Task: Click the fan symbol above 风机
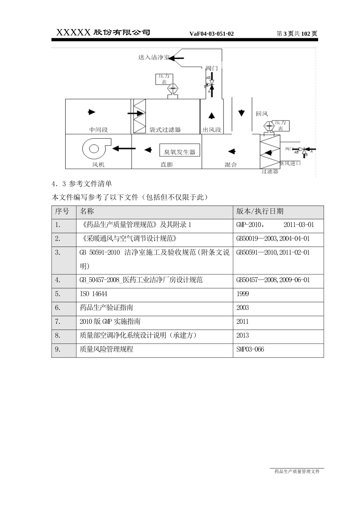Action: click(95, 148)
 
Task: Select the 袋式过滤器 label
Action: click(165, 130)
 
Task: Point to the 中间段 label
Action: click(99, 130)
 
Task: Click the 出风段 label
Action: click(211, 130)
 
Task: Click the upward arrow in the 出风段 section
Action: click(211, 116)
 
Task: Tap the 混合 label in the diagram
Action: click(230, 165)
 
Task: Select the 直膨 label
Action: click(166, 165)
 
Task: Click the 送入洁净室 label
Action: click(153, 57)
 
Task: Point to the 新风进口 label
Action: click(290, 164)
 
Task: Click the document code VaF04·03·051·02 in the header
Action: click(211, 34)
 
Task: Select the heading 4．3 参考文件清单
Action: click(82, 184)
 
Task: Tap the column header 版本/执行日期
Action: click(260, 211)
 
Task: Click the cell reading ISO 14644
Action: click(94, 294)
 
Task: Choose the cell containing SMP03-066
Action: click(250, 349)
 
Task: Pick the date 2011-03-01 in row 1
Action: click(299, 225)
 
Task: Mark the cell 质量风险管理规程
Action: click(106, 349)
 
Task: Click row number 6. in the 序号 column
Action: click(58, 308)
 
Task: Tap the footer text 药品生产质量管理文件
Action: click(297, 472)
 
